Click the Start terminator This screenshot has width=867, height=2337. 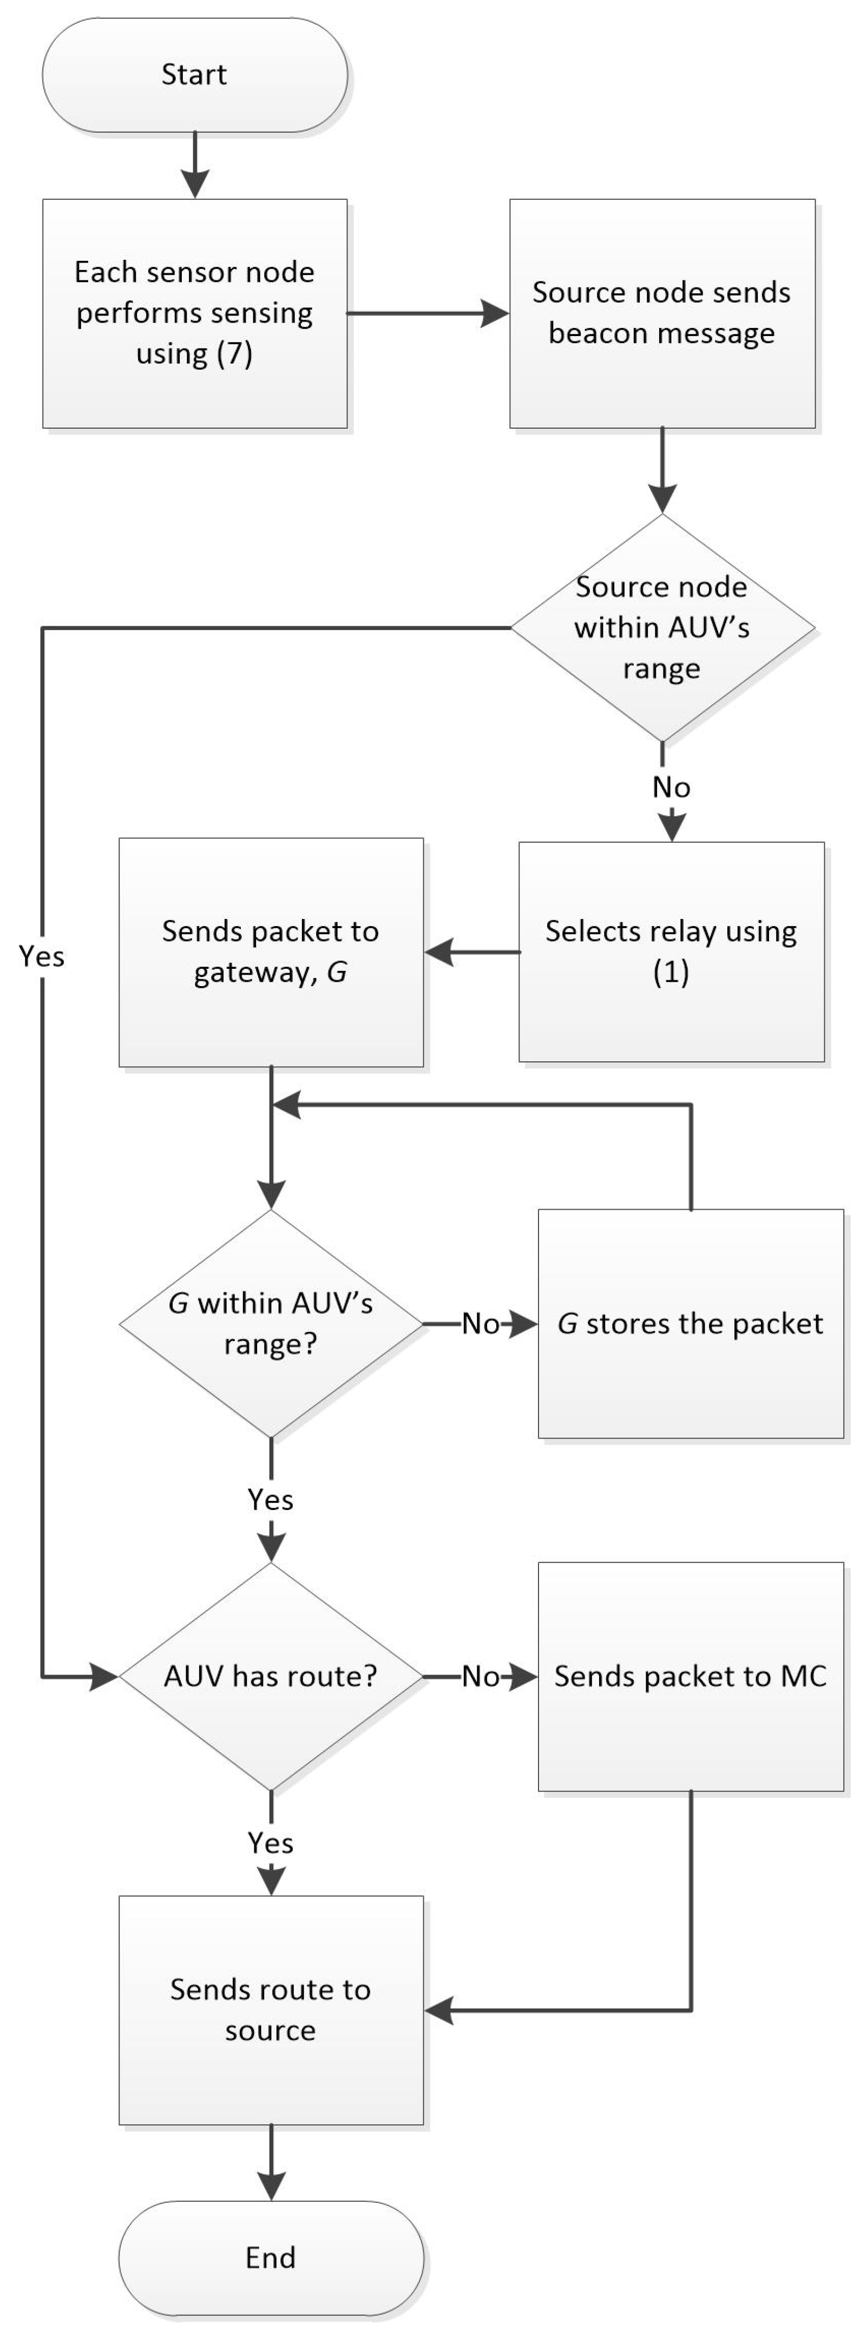[194, 74]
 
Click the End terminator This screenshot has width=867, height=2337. [270, 2257]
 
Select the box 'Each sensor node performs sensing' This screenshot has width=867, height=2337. [194, 313]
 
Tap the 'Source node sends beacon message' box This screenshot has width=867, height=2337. [661, 313]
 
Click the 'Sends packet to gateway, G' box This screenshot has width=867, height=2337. [270, 951]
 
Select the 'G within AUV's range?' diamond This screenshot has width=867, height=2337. [270, 1324]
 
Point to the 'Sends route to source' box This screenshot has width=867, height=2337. [270, 2010]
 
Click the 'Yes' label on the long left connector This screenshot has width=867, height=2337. [42, 956]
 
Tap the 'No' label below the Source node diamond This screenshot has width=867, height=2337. [671, 786]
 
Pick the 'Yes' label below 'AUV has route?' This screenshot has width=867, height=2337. [270, 1842]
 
